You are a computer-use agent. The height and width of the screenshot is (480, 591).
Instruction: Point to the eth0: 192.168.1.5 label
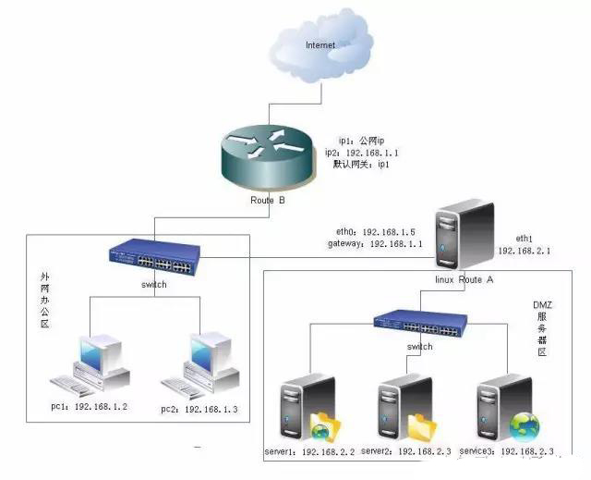click(370, 230)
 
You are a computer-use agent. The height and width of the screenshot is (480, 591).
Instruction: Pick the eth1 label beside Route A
click(513, 237)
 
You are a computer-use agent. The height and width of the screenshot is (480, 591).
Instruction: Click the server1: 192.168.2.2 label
click(310, 450)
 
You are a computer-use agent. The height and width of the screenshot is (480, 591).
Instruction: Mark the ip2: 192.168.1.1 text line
click(361, 151)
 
